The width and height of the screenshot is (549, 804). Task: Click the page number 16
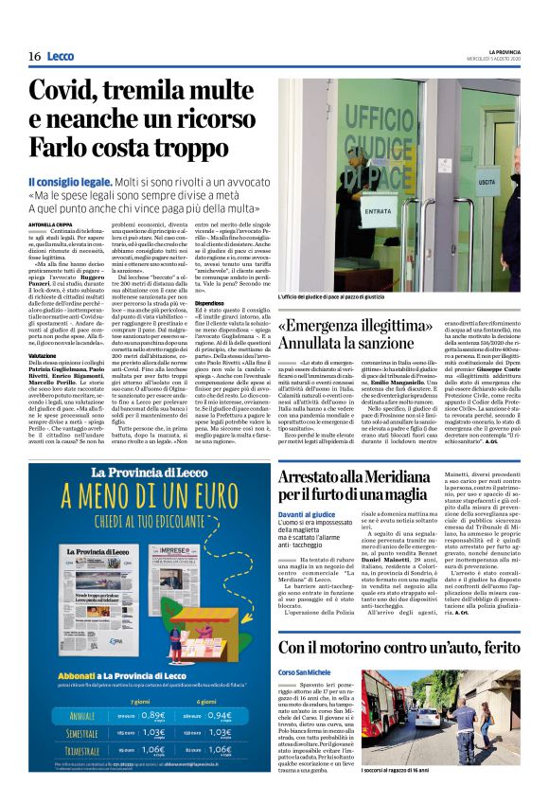point(34,56)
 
